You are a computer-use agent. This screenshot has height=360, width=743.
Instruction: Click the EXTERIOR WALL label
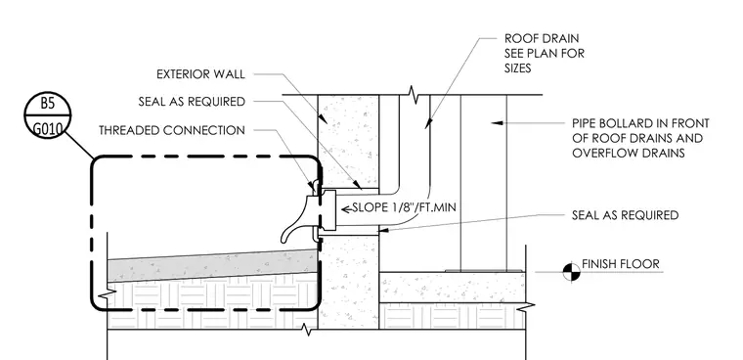click(x=201, y=74)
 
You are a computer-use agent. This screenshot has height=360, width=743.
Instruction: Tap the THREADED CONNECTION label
click(x=172, y=130)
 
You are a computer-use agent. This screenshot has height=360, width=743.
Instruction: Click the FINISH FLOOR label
click(x=620, y=264)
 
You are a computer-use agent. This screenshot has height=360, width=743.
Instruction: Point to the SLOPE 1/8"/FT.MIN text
click(x=404, y=207)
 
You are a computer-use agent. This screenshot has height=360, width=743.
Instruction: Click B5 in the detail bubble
click(x=47, y=104)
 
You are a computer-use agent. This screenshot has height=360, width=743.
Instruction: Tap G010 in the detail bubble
click(x=47, y=128)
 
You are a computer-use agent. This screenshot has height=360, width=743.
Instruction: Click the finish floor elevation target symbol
click(x=571, y=272)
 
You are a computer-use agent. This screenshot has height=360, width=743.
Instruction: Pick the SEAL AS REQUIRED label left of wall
click(x=192, y=102)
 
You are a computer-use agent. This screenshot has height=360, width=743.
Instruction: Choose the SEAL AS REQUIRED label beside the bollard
click(x=626, y=215)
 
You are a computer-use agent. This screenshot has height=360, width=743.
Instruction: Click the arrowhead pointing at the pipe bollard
click(x=496, y=123)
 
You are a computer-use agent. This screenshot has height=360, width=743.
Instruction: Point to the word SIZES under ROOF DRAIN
click(x=517, y=68)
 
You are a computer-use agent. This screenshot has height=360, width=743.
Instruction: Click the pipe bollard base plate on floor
click(x=484, y=271)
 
